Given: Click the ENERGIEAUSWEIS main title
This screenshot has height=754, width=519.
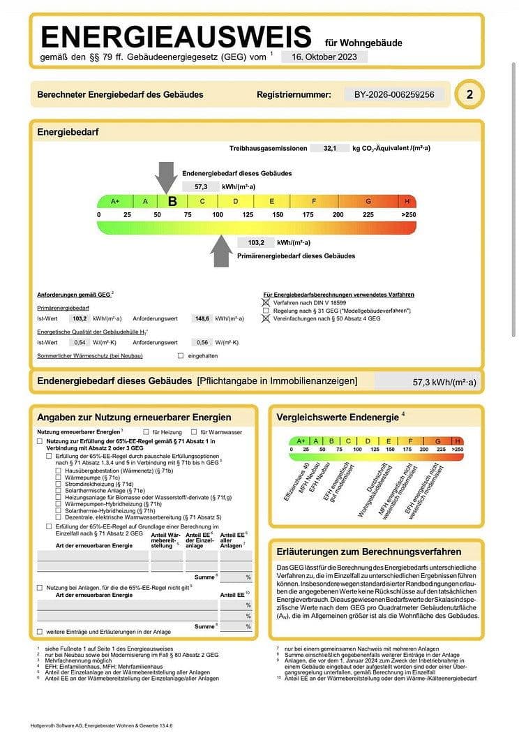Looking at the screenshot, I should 176,36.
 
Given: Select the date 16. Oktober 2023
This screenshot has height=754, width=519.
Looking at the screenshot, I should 324,57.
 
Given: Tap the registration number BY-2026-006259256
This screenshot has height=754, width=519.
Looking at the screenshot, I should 394,94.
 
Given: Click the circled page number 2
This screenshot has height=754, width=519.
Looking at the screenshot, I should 469,95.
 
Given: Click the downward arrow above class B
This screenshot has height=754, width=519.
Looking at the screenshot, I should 166,175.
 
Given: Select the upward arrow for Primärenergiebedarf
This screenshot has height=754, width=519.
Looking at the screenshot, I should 222,251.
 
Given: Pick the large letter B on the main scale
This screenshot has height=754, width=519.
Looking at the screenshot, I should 172,201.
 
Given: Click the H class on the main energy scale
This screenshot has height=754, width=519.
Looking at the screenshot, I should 407,201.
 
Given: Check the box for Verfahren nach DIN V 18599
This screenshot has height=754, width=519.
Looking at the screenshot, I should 265,303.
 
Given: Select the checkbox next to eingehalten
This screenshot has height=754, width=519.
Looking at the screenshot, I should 181,356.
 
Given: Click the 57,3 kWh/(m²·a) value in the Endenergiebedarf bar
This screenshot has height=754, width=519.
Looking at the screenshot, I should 444,382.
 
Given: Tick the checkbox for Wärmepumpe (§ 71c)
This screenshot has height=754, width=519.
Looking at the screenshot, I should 59,477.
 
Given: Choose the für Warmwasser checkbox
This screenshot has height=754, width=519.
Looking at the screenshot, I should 193,432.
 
